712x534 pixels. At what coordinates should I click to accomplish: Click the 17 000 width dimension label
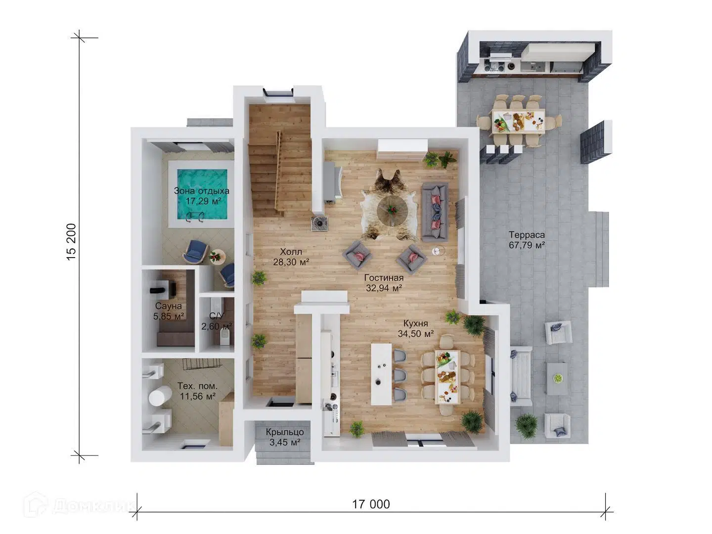pos(371,504)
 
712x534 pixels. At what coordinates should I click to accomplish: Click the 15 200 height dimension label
pos(71,242)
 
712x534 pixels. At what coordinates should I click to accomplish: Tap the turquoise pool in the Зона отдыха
pos(201,194)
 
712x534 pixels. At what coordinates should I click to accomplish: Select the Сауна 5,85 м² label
pos(168,311)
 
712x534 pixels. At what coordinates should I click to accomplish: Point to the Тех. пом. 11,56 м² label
pos(198,391)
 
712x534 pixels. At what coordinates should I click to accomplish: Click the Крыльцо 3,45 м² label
pos(285,437)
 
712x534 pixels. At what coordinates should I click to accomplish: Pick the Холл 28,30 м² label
pos(291,257)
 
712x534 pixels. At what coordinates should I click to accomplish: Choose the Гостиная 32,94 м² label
pos(384,283)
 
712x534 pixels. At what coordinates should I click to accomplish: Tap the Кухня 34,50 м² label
pos(416,328)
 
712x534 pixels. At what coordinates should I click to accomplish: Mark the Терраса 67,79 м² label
pos(527,240)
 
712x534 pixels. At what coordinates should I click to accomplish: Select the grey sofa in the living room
pos(435,212)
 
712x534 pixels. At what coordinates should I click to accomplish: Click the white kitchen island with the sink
pos(381,374)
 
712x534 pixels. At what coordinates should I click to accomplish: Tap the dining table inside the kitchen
pos(447,377)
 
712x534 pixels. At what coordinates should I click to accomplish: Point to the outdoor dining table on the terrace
pos(518,121)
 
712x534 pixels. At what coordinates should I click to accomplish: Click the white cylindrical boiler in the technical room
pos(160,396)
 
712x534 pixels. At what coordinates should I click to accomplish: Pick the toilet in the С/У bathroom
pos(224,337)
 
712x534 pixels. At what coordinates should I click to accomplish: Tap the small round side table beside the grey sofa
pos(438,251)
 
